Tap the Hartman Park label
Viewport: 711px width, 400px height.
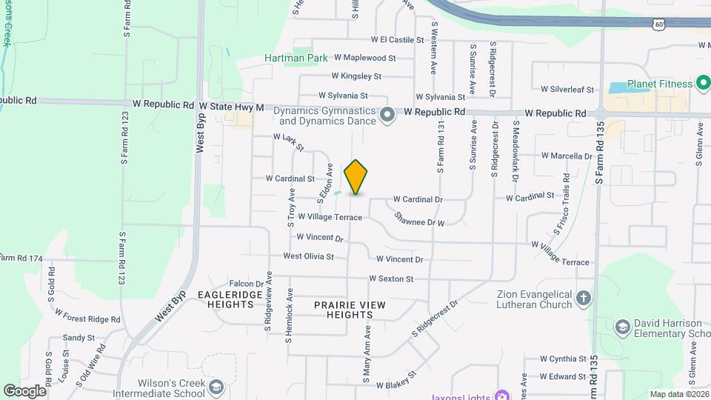[x=296, y=57]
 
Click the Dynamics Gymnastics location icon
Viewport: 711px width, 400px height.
[x=387, y=116]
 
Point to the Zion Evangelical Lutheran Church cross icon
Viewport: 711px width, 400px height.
[x=584, y=299]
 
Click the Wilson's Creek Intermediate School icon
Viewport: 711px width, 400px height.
[x=216, y=388]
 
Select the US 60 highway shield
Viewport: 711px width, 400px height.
[x=660, y=24]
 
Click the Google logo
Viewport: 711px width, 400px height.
[x=24, y=390]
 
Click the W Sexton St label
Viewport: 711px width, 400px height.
[x=391, y=279]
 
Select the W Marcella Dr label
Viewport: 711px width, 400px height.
[x=567, y=156]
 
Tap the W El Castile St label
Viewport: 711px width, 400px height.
[x=397, y=40]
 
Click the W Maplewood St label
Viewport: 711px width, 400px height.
[x=364, y=57]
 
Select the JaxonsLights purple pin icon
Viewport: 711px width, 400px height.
[x=501, y=393]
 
